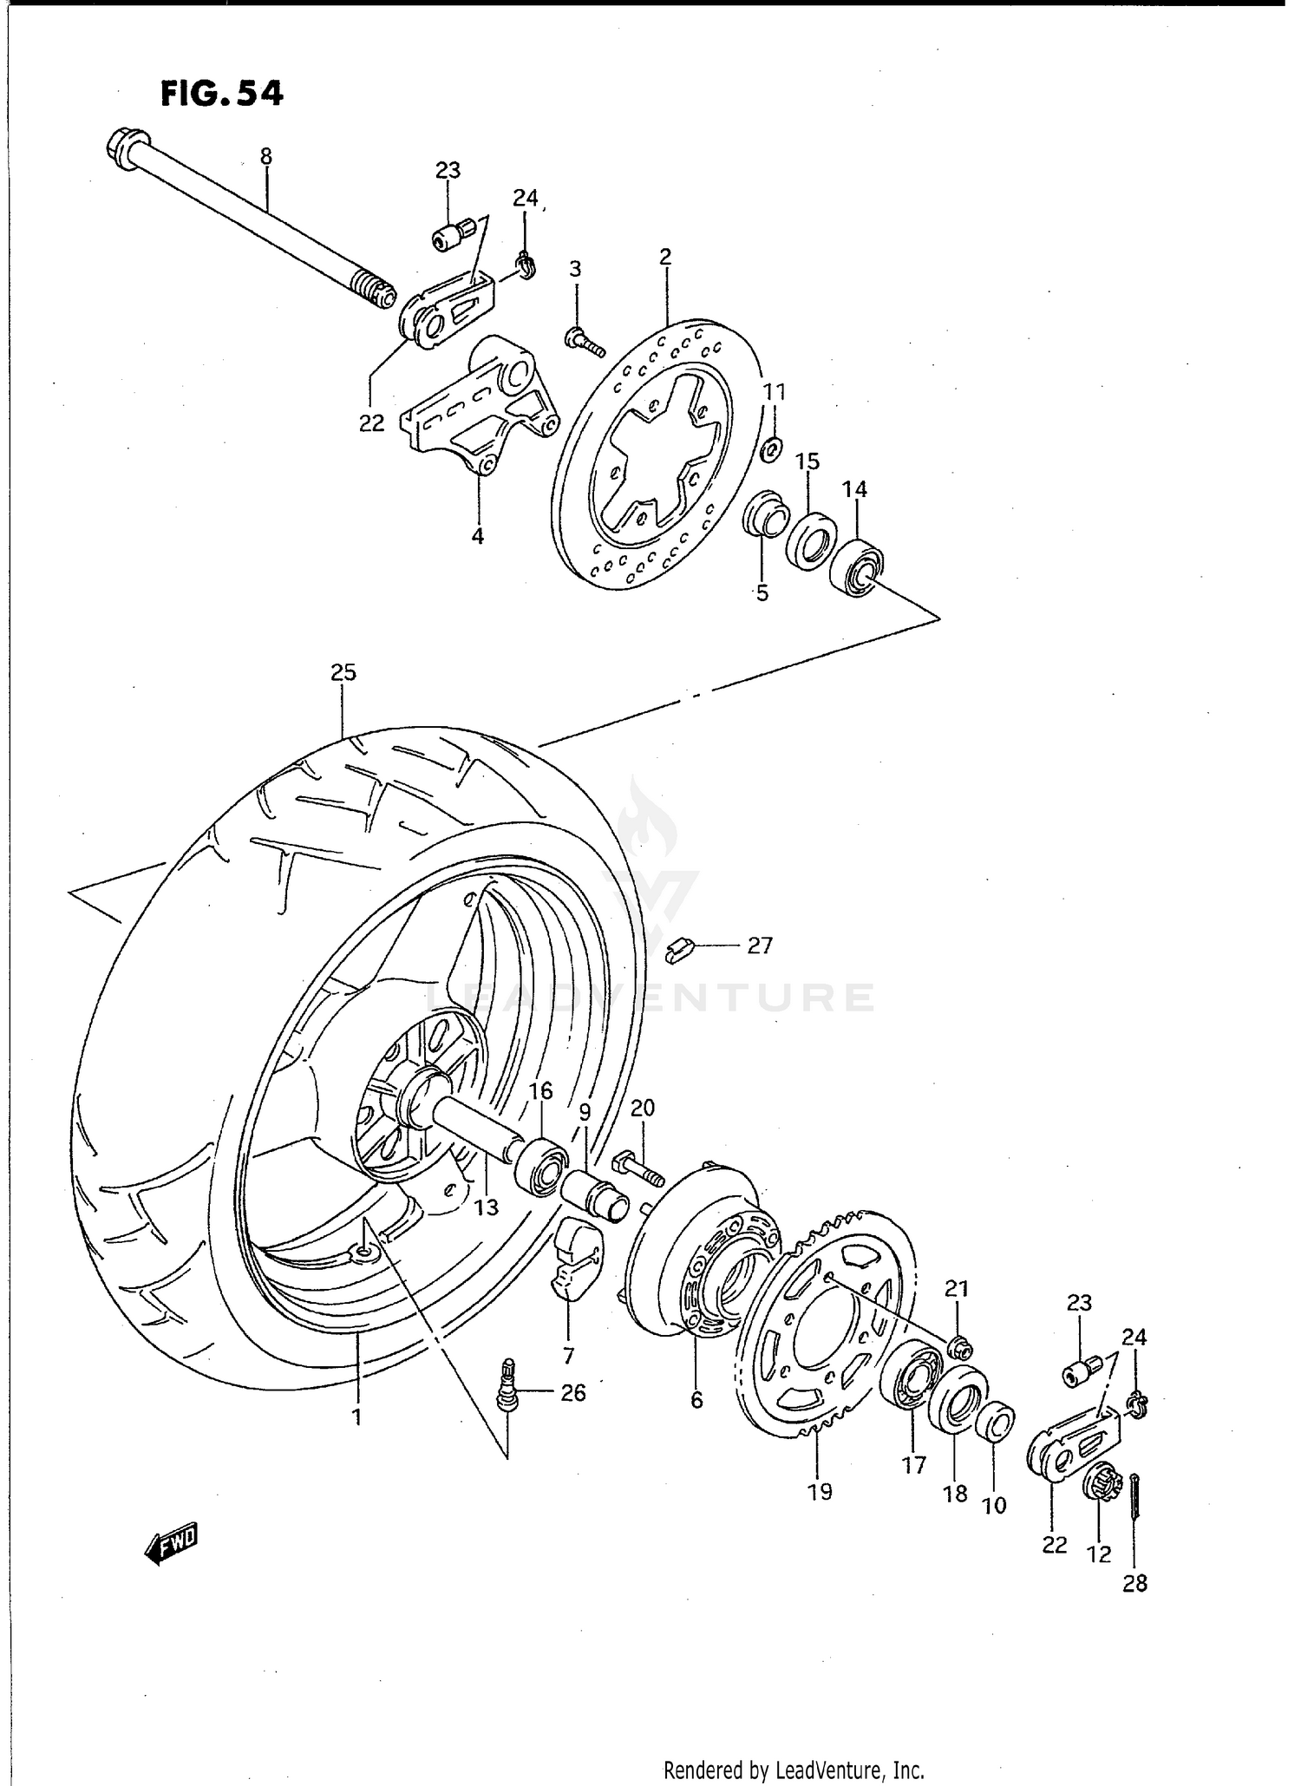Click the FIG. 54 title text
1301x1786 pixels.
pos(222,94)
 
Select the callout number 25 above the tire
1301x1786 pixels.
pos(343,672)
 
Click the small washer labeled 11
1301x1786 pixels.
pos(770,450)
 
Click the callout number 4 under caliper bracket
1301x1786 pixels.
pos(477,536)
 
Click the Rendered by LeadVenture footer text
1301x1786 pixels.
pos(793,1770)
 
